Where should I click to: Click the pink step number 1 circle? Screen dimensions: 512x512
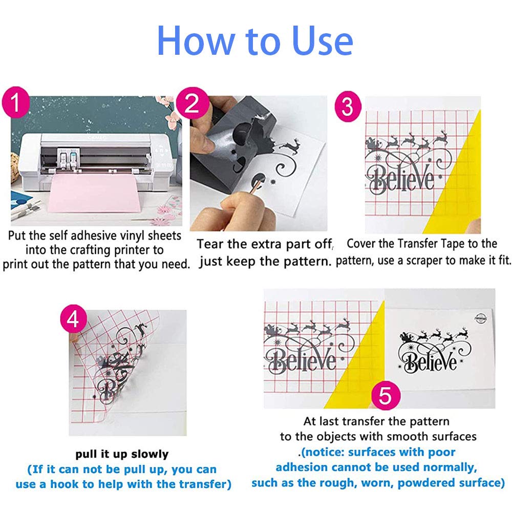point(16,102)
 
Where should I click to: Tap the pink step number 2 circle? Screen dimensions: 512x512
point(193,103)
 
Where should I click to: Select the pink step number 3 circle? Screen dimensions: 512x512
point(348,106)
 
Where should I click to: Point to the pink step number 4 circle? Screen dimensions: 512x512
point(73,319)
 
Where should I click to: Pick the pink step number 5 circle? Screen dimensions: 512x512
point(386,396)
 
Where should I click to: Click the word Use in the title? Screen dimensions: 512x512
point(323,40)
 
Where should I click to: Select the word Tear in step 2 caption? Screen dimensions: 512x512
point(210,244)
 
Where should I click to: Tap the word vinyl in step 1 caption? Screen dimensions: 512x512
point(133,236)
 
